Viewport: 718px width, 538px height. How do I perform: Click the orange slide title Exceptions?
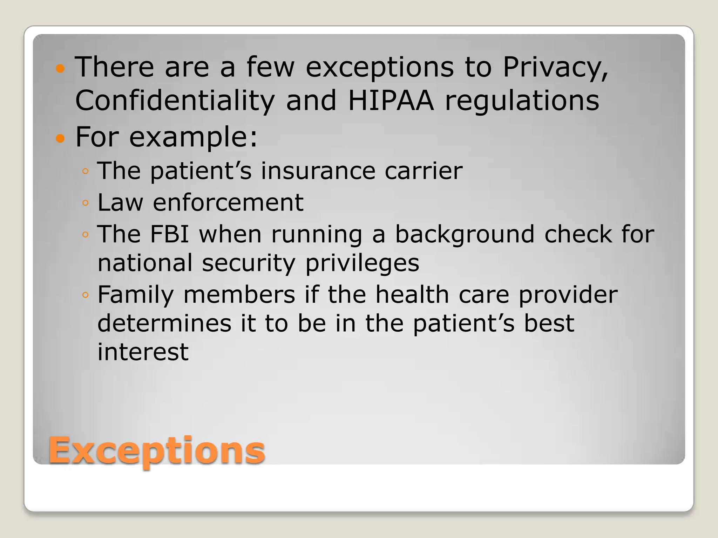coord(156,450)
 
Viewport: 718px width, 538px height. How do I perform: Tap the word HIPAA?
coord(391,101)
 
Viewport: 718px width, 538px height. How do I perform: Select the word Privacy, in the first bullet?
coord(556,67)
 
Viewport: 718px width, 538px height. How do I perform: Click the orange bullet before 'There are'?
coord(61,68)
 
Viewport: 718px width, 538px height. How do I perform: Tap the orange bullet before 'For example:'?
coord(61,138)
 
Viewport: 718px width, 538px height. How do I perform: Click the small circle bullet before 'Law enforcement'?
coord(85,203)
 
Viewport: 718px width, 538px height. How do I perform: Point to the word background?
coord(465,235)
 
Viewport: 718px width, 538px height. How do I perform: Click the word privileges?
coord(362,263)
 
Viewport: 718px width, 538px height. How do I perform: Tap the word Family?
coord(136,295)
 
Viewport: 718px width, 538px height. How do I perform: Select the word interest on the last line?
coord(143,352)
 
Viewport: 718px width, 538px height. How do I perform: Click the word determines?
coord(164,323)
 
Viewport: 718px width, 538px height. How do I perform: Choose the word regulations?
coord(522,101)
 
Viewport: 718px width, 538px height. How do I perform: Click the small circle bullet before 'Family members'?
coord(85,295)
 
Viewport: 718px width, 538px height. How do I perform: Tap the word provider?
coord(568,295)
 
